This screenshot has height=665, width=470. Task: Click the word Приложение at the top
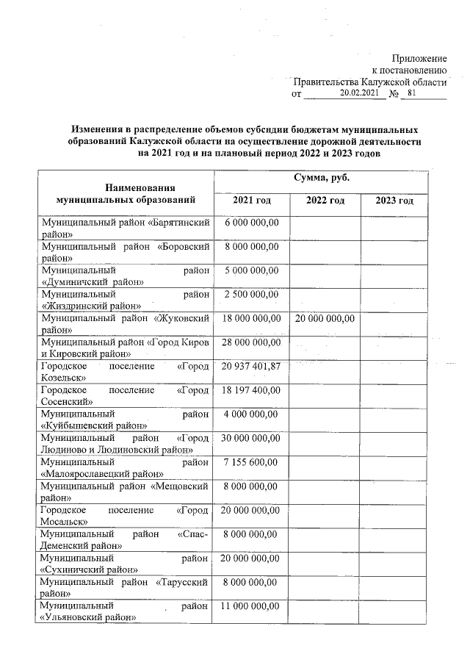419,57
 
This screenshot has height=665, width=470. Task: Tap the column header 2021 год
251,201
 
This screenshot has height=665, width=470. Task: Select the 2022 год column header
325,201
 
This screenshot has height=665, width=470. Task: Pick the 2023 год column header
394,201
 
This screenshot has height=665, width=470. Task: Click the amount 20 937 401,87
251,366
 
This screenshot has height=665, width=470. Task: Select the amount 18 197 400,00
251,389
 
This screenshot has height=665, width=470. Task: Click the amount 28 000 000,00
251,342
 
